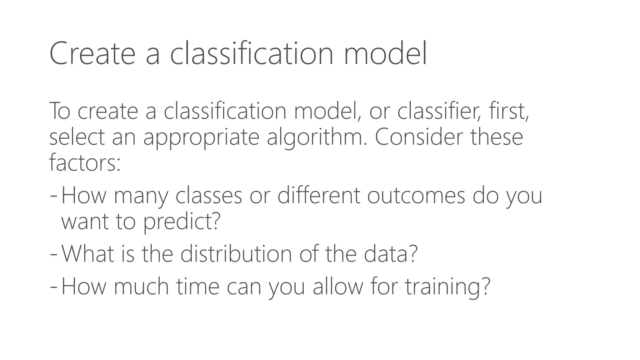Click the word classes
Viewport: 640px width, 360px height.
pyautogui.click(x=209, y=196)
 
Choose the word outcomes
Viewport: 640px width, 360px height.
pyautogui.click(x=416, y=196)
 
